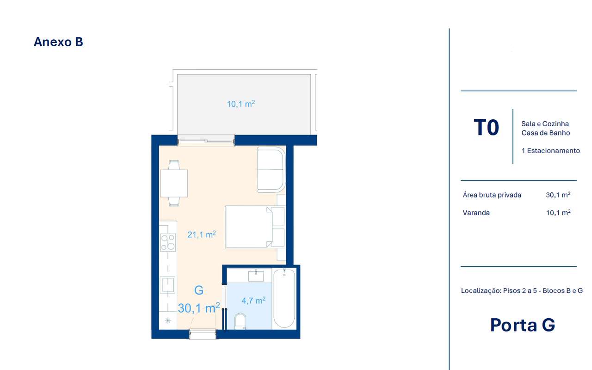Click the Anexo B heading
point(58,42)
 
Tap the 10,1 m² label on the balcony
point(241,104)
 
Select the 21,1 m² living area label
point(202,234)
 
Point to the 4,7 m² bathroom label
point(253,300)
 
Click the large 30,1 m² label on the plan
point(199,308)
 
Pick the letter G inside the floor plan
point(199,290)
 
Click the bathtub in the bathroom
point(284,298)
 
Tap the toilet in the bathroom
point(240,321)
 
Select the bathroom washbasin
point(256,276)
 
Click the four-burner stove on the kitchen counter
point(168,242)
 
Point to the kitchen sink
point(167,284)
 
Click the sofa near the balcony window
point(271,169)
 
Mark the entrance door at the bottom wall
point(203,334)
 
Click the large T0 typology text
point(486,127)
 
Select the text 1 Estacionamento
point(550,151)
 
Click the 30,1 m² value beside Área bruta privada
point(558,195)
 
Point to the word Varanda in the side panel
point(476,213)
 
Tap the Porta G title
point(523,325)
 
